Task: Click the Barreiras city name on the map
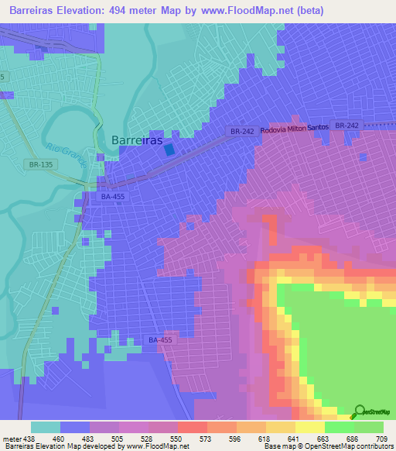tap(137, 140)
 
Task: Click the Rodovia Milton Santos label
tap(295, 129)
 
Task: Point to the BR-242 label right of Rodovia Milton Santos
tap(348, 126)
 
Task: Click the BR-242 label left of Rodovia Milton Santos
tap(242, 133)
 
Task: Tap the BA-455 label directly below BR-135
tap(111, 198)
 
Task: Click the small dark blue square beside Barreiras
tap(169, 151)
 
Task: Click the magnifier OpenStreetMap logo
tap(360, 411)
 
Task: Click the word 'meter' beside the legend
tap(11, 439)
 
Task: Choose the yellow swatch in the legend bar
tap(309, 427)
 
